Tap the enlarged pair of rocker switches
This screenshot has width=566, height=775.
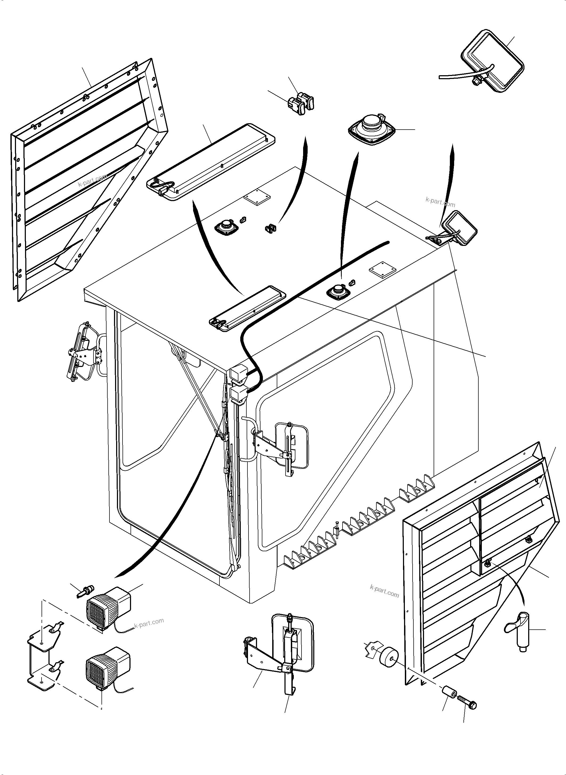302,102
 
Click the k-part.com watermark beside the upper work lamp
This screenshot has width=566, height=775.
148,622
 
